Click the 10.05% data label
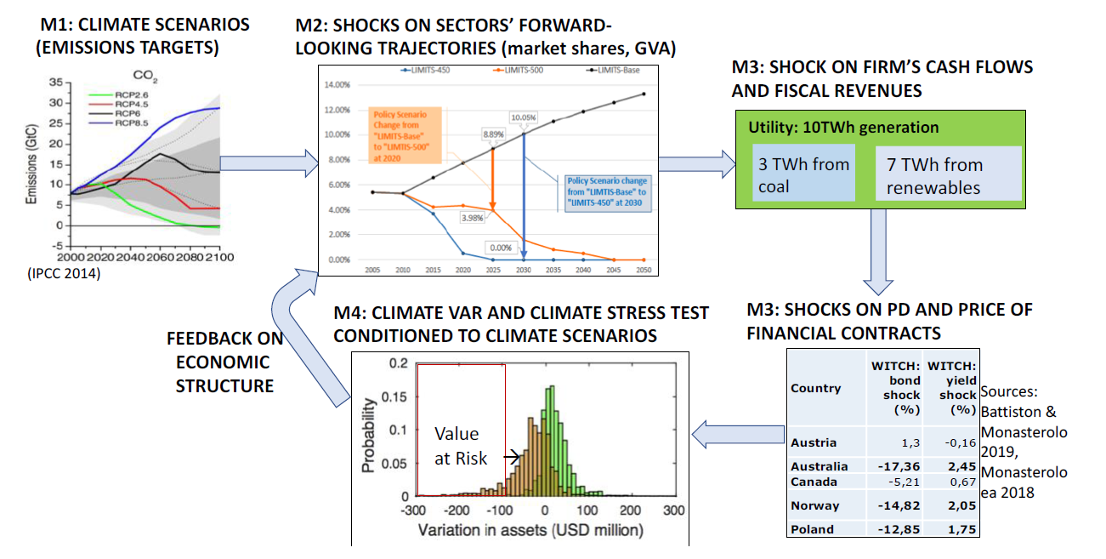click(x=524, y=117)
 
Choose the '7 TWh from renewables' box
click(x=947, y=175)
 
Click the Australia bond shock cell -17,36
click(x=897, y=466)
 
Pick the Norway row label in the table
click(x=815, y=505)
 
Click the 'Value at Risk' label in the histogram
click(x=461, y=447)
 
